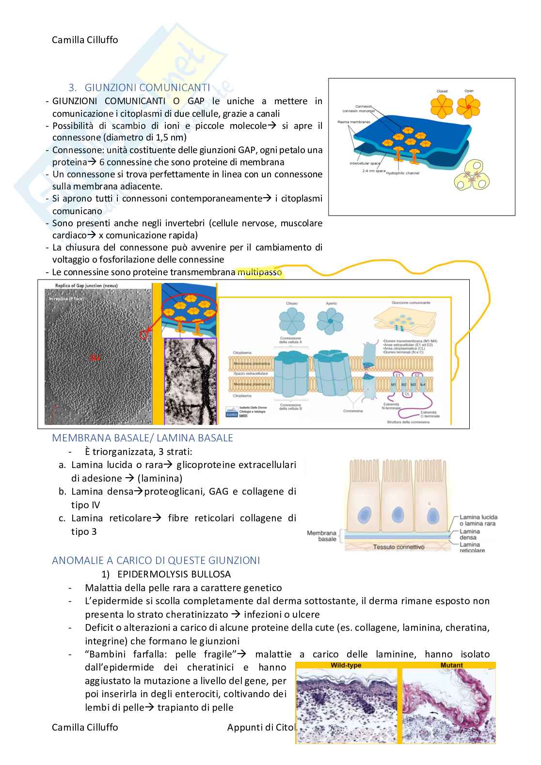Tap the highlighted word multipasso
(x=259, y=272)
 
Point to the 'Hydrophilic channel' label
(x=402, y=173)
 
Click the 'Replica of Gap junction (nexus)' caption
(x=86, y=286)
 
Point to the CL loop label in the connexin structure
(x=407, y=394)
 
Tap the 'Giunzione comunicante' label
(x=411, y=303)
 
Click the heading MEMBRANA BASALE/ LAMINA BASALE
(x=143, y=438)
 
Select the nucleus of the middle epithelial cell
(x=398, y=514)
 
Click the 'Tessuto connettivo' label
(x=398, y=547)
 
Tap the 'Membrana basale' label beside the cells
(x=321, y=536)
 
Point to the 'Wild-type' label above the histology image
(x=346, y=665)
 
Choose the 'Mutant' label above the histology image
(x=451, y=665)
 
